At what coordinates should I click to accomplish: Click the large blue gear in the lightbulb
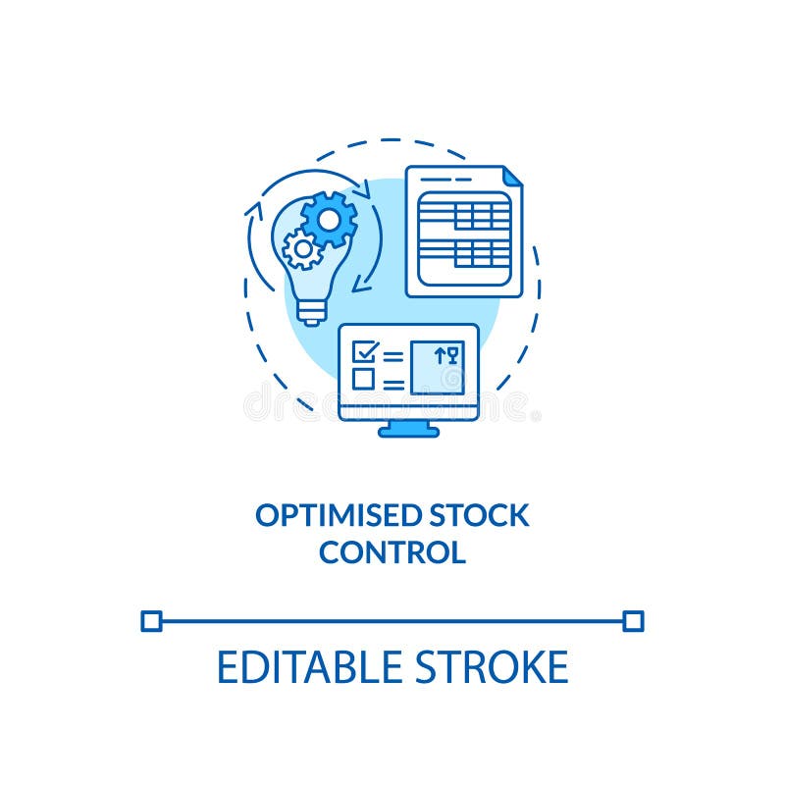pos(329,219)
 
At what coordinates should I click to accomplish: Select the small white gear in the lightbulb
pos(302,249)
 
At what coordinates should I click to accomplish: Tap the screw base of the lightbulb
pos(311,311)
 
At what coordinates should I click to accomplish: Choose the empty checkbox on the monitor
pos(364,379)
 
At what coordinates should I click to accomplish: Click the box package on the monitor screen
pos(437,367)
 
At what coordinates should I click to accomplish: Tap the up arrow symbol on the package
pos(440,355)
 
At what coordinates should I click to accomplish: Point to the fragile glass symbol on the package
pos(452,355)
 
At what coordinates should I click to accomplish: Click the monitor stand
pos(408,429)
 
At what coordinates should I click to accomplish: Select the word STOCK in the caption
pos(479,515)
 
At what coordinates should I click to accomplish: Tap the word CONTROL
pos(392,552)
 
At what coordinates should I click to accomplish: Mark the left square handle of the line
pos(151,620)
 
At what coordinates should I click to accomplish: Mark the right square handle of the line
pos(634,620)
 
